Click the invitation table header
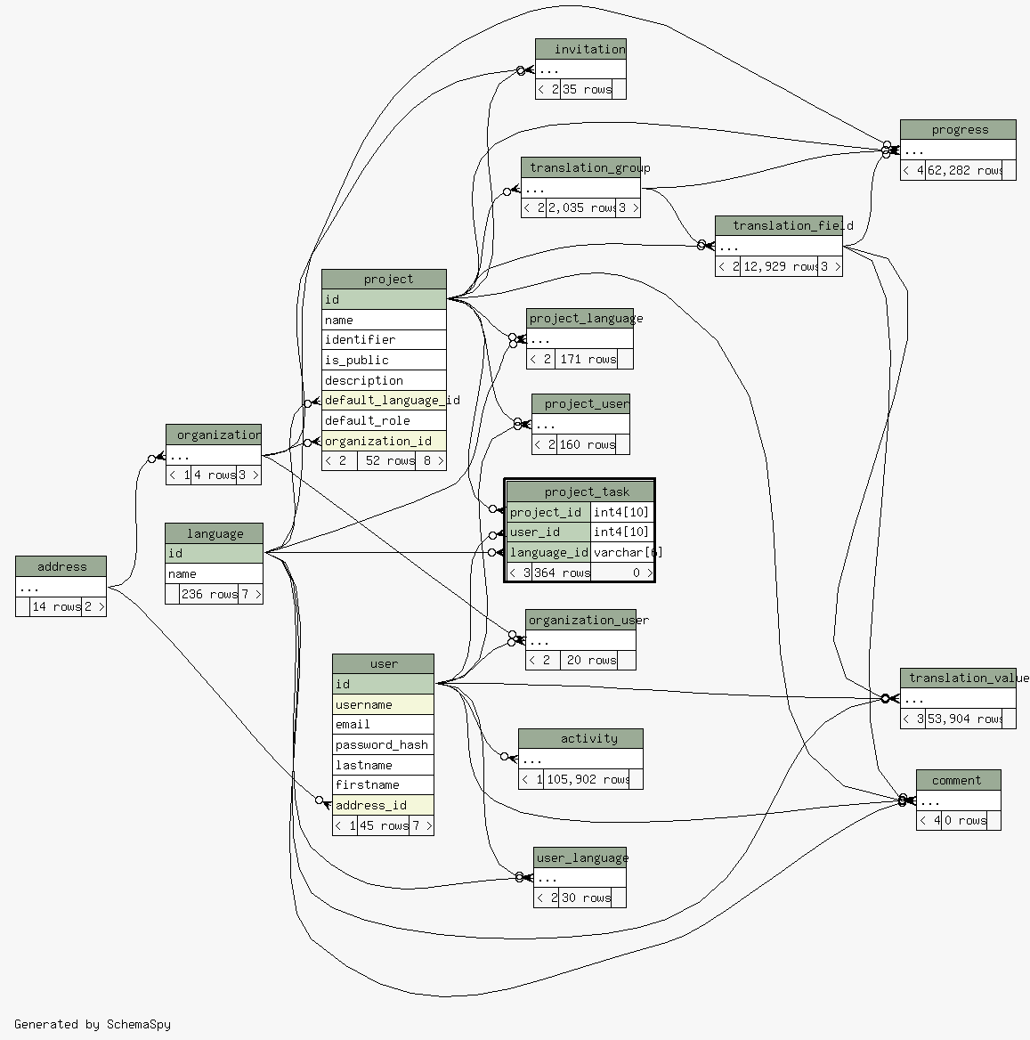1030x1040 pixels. coord(580,49)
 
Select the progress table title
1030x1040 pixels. coord(958,130)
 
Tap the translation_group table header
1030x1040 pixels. coord(580,168)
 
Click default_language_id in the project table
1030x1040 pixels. coord(383,401)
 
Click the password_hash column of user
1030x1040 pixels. coord(382,744)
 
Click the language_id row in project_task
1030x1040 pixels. coord(548,553)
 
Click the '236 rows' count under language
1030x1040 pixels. coord(209,594)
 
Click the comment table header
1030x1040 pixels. coord(958,781)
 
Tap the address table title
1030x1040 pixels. coord(61,566)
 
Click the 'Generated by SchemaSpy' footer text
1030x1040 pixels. coord(93,1024)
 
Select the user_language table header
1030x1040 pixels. coord(580,857)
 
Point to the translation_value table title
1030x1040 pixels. coord(965,678)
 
